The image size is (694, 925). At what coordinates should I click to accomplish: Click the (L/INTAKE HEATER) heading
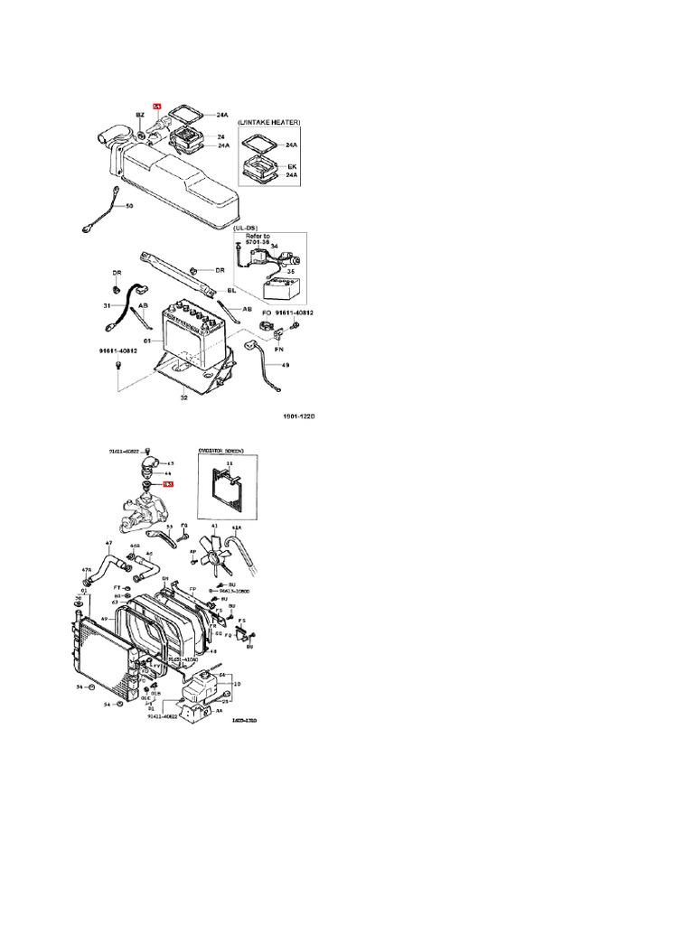[x=268, y=121]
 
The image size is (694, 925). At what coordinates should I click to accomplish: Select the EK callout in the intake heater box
[x=291, y=166]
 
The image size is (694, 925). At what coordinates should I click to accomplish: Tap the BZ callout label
[x=140, y=116]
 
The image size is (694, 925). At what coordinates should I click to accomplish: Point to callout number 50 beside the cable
[x=129, y=206]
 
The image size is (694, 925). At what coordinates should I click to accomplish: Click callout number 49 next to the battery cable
[x=286, y=365]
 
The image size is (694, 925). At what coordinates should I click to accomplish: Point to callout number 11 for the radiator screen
[x=229, y=462]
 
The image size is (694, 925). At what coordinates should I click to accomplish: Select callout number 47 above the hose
[x=108, y=543]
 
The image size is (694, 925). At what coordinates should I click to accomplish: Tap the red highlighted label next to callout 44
[x=167, y=485]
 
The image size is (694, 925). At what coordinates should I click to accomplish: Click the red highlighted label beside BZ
[x=156, y=106]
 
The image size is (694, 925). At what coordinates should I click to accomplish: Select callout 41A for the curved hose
[x=238, y=527]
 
